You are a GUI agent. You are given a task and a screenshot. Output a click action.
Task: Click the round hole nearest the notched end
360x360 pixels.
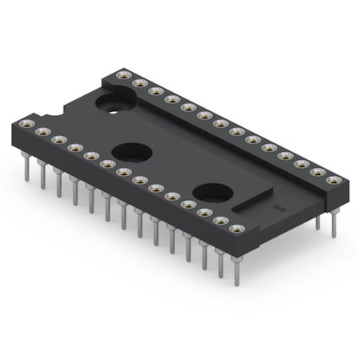click(110, 102)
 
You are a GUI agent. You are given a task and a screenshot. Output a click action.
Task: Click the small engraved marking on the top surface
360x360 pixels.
click(278, 207)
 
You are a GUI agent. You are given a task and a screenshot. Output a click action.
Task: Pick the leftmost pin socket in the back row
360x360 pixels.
click(122, 74)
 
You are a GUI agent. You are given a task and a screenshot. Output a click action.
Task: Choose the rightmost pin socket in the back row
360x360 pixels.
click(334, 180)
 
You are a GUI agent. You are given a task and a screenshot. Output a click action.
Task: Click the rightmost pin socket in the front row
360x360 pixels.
click(235, 230)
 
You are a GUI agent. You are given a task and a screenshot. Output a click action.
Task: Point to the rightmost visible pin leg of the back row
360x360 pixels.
click(333, 224)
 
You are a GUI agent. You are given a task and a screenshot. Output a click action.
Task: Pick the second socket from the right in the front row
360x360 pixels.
click(219, 221)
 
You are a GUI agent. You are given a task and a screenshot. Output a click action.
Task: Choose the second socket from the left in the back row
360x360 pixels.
click(138, 82)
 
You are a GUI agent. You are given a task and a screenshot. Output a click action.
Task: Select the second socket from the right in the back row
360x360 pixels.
click(318, 171)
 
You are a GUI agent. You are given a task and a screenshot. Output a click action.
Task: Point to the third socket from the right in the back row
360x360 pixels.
click(302, 163)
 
